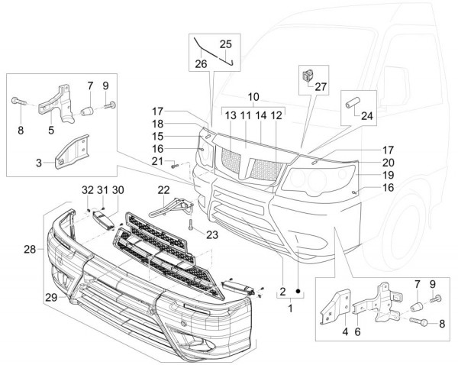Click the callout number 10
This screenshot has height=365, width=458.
(x=253, y=97)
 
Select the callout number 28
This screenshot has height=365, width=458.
(x=29, y=250)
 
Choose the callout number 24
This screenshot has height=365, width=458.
(x=368, y=117)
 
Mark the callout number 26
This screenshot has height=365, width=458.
(x=201, y=63)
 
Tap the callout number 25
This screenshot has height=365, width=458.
(x=226, y=44)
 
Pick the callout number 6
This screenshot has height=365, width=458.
(x=356, y=332)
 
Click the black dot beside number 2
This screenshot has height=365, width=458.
(x=298, y=292)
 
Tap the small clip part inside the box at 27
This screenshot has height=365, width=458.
(x=308, y=75)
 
